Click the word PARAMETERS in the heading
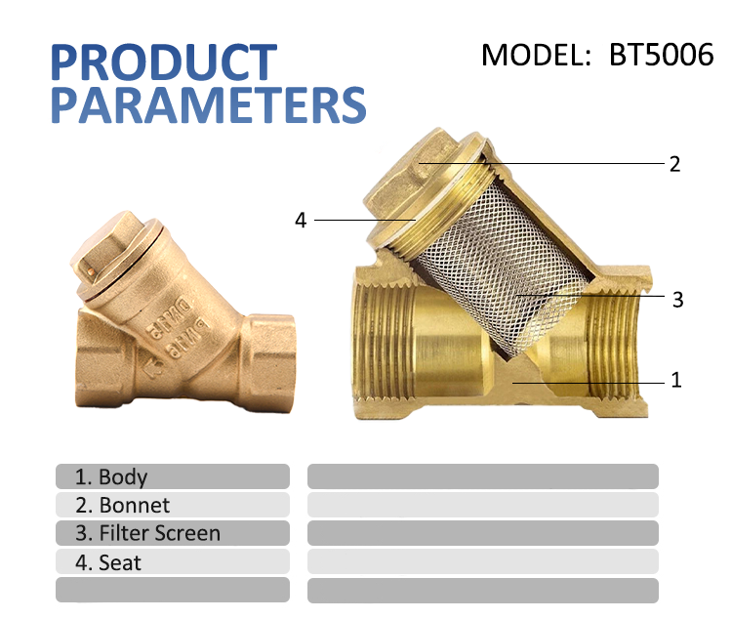[x=208, y=103]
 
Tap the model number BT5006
[x=661, y=54]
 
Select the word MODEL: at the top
[x=537, y=54]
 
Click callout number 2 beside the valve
[x=674, y=163]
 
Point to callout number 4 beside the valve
[x=301, y=221]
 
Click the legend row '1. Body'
[x=173, y=476]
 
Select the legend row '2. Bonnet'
[x=173, y=505]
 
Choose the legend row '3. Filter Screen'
[x=173, y=533]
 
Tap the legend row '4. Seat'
[x=173, y=562]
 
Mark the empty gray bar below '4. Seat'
[x=173, y=590]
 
